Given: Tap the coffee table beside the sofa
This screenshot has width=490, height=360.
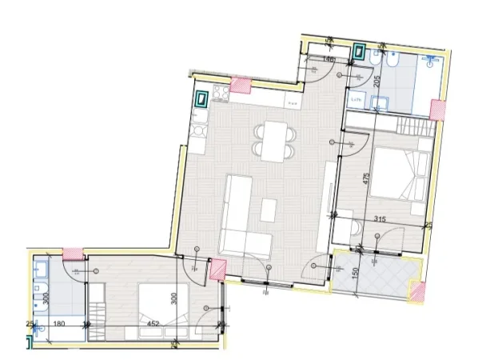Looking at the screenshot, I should point(268,210).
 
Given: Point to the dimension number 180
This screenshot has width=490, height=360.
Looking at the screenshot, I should point(58,324).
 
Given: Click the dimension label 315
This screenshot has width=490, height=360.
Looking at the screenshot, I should point(380,218).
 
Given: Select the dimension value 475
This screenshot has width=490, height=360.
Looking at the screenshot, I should point(366,179).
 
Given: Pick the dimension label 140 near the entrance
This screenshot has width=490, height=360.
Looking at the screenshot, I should point(328,59).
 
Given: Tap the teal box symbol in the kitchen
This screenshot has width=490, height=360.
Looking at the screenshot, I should point(203,100).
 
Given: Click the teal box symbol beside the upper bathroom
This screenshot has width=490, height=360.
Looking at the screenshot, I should point(361,52).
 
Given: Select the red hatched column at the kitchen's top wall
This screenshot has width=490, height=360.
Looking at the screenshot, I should point(240,85).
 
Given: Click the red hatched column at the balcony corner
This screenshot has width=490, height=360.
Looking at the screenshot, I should point(416,292).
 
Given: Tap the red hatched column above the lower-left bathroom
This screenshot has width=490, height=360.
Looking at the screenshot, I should point(73,254).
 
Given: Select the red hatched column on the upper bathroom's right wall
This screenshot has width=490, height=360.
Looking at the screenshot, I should point(437,110).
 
